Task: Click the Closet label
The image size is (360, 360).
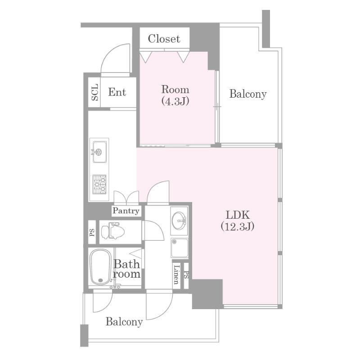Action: click(x=164, y=39)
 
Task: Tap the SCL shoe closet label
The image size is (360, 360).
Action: click(x=94, y=92)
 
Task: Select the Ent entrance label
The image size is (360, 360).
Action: click(x=117, y=92)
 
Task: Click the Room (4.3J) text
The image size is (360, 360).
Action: click(x=175, y=95)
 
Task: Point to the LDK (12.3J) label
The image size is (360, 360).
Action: click(x=238, y=220)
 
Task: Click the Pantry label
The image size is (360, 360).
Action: click(x=126, y=211)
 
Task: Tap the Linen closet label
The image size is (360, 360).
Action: click(x=176, y=274)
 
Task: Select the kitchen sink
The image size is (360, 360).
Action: click(x=99, y=152)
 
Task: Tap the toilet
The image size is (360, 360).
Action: click(x=113, y=231)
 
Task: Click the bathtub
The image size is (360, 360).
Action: click(x=100, y=267)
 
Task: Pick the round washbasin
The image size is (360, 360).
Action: click(x=179, y=220)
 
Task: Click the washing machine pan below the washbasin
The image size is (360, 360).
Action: click(x=180, y=248)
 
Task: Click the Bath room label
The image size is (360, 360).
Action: click(x=127, y=269)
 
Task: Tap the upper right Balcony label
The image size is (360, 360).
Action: click(x=248, y=94)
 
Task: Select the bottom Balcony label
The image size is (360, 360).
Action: click(x=124, y=322)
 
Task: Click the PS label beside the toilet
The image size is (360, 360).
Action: click(x=92, y=232)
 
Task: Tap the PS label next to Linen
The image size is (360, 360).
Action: click(x=186, y=275)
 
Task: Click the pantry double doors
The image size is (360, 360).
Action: click(x=126, y=198)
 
